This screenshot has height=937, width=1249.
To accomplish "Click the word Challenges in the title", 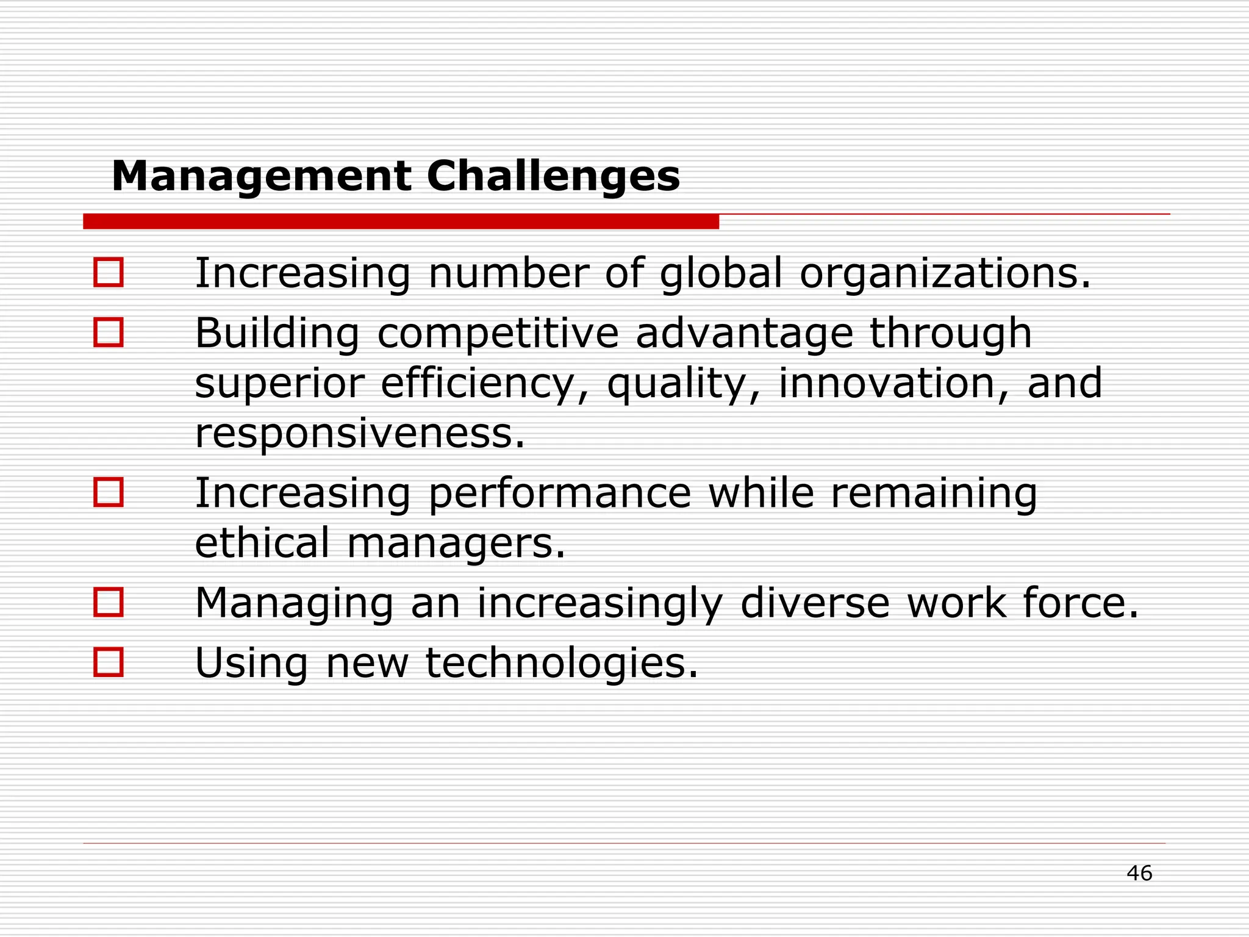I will (x=553, y=177).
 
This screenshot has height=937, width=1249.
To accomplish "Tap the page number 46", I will (x=1139, y=874).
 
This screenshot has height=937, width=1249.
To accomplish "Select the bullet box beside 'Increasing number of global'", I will (x=109, y=272).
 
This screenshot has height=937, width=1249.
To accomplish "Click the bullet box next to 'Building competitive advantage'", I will (x=109, y=332).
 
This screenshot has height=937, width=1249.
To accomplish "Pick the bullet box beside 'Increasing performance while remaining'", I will (x=109, y=492).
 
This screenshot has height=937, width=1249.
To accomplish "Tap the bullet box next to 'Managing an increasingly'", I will (x=109, y=602).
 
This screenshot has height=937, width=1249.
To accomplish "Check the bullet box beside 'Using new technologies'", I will (x=109, y=662).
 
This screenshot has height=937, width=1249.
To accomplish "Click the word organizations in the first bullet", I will (x=944, y=273).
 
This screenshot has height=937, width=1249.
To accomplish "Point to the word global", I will (x=720, y=273).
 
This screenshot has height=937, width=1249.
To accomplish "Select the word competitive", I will (x=498, y=334).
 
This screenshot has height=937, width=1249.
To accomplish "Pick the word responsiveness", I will (x=359, y=434).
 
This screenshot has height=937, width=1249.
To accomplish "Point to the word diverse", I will (x=815, y=603).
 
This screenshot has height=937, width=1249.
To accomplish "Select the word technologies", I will (x=561, y=663).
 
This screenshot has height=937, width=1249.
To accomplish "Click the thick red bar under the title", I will (x=401, y=221).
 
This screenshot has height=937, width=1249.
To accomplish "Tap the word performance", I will (x=559, y=494).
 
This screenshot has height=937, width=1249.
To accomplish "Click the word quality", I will (x=683, y=384).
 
